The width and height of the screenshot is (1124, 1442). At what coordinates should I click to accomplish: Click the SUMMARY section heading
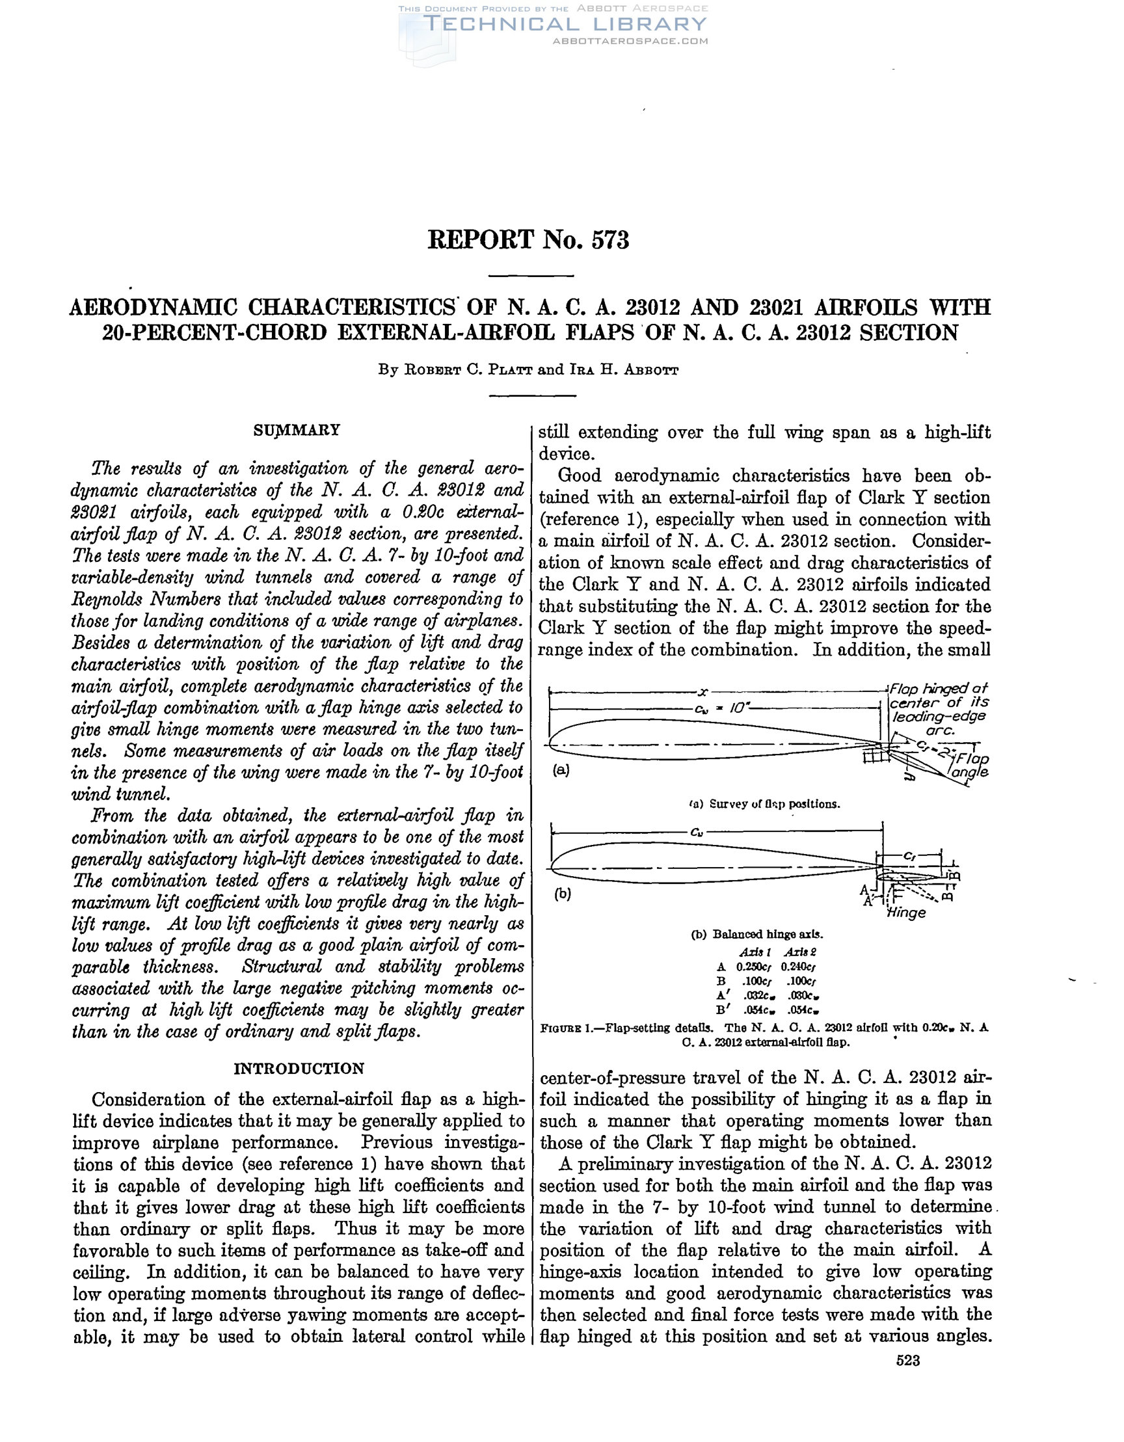[x=297, y=431]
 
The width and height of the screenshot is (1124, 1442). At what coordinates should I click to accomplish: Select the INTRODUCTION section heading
[x=299, y=1068]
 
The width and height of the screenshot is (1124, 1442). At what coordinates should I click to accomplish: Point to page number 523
[x=908, y=1360]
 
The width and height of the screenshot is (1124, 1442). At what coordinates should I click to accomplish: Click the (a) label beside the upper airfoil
[x=561, y=769]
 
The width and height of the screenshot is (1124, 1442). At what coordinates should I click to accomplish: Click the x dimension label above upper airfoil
[x=702, y=692]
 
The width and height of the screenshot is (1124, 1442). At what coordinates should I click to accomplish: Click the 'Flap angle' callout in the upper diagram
[x=967, y=764]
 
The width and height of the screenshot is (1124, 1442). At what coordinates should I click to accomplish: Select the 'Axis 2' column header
[x=799, y=952]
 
